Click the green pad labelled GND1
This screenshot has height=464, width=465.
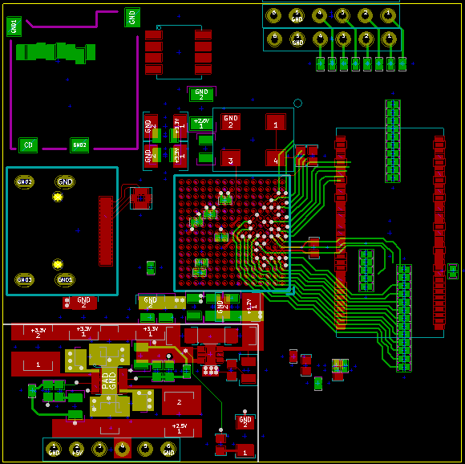tap(14, 26)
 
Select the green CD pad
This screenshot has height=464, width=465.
tap(28, 145)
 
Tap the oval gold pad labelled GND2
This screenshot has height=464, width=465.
tap(24, 182)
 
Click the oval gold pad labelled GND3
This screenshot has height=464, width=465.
tap(24, 279)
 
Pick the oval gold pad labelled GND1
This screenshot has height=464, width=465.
tap(65, 279)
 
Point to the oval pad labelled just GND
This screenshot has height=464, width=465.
tap(65, 182)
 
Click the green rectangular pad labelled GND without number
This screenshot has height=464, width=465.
tap(132, 17)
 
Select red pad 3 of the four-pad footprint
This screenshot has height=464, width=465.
tap(231, 160)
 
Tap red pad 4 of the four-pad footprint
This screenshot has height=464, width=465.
tap(276, 160)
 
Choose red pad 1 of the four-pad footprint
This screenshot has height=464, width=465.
tap(276, 123)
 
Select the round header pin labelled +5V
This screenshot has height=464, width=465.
tap(76, 449)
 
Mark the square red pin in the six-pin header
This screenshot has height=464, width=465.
tap(122, 449)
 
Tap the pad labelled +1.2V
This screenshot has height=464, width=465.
tap(249, 304)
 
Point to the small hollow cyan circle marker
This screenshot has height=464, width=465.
tap(297, 103)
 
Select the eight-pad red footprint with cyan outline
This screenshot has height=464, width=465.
tap(178, 52)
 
